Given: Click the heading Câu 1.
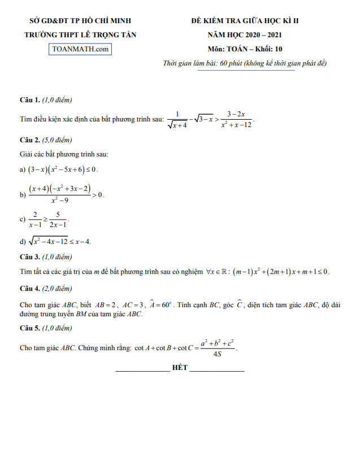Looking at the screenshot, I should pos(29,100).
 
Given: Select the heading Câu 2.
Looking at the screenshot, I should pos(29,140).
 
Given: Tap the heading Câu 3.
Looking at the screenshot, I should pos(29,257).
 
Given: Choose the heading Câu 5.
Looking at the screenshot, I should pos(29,328).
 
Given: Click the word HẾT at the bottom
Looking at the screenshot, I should pos(180,368).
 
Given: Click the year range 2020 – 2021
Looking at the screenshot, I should pos(260,35).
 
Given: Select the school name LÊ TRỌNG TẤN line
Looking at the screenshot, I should pos(80,35).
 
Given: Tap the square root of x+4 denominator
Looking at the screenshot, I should pos(177,125).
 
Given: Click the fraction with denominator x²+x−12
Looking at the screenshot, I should pos(236,119).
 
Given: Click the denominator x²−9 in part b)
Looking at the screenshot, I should pos(60,201).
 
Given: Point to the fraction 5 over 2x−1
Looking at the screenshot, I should pos(59,220).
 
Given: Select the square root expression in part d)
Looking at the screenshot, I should pos(50,242).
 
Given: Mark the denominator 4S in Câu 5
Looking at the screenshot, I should pos(217,354).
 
